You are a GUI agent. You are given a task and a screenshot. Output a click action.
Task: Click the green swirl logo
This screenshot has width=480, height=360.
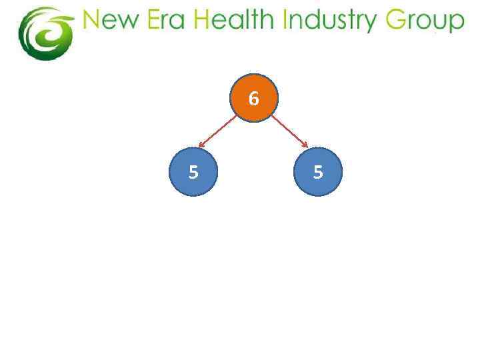(45, 33)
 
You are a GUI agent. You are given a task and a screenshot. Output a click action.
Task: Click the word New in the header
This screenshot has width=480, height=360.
(109, 21)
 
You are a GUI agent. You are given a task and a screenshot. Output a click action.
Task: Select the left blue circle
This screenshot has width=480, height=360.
(193, 171)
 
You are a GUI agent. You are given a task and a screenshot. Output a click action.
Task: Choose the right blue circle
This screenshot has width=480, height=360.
(317, 171)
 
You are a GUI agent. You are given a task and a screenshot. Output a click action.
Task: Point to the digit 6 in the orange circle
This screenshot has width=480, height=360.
(253, 99)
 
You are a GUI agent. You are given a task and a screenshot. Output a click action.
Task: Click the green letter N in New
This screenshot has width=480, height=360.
(91, 21)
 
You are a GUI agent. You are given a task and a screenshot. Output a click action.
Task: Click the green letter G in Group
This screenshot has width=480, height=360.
(396, 21)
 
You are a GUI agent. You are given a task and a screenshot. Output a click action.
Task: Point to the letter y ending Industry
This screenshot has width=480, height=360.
(371, 24)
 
